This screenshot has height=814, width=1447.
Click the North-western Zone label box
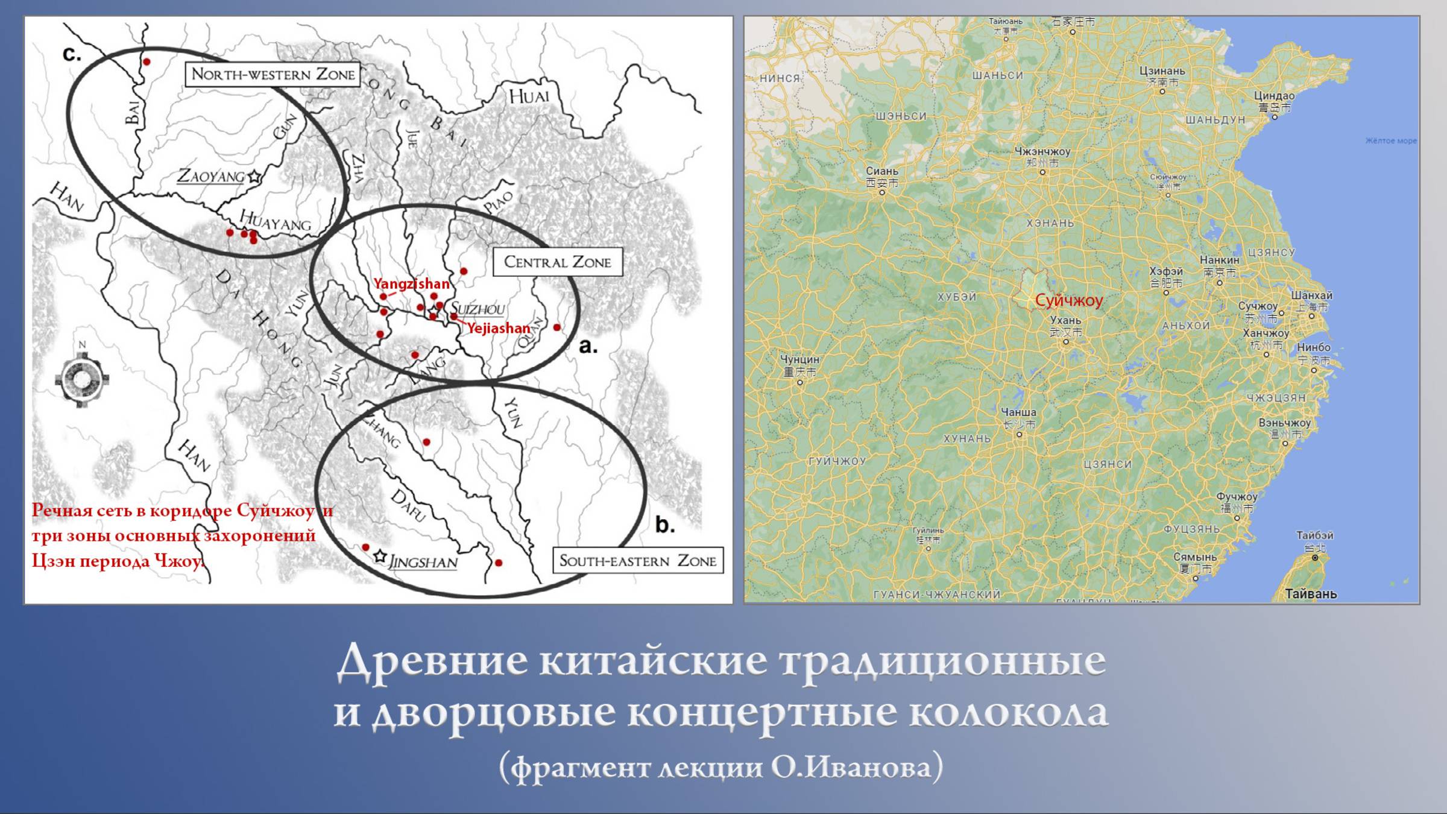tap(273, 74)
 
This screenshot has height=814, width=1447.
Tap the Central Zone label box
tap(557, 262)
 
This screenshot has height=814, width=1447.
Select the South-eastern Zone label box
tap(638, 560)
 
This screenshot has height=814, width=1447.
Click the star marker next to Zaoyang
tap(254, 177)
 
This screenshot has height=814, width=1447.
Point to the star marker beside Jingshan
tap(380, 557)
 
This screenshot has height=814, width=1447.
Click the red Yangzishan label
tap(411, 283)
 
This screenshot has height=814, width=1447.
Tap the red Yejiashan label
tap(499, 328)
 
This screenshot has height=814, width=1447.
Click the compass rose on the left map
tap(82, 379)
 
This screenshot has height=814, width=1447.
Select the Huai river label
tap(529, 96)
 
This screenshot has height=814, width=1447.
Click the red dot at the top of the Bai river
tap(147, 62)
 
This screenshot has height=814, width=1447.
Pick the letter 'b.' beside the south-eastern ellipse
tap(664, 525)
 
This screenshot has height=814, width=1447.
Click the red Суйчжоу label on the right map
tap(1068, 300)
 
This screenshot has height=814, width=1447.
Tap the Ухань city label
tap(1065, 320)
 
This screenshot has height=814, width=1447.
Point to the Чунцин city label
tap(799, 359)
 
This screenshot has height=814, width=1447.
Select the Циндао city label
tap(1274, 96)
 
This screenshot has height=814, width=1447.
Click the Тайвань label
tap(1311, 593)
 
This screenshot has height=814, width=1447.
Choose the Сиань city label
tap(881, 171)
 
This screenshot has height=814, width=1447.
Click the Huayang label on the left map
tap(275, 221)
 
